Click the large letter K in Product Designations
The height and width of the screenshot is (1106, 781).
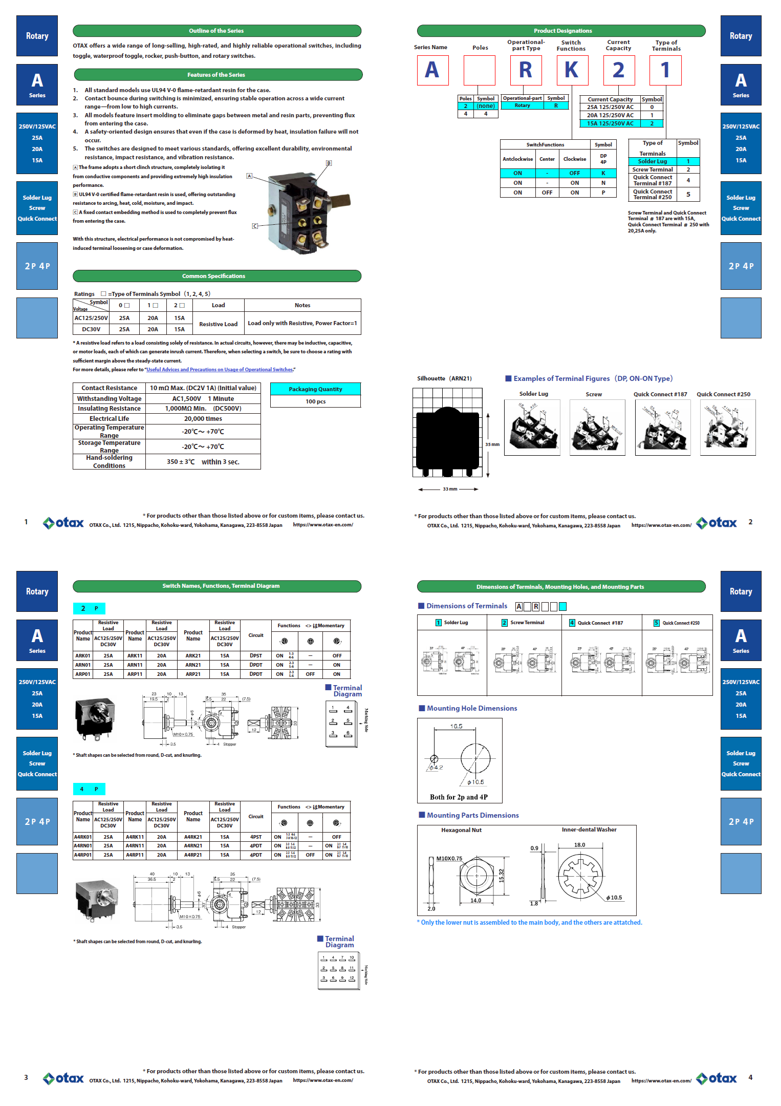(572, 70)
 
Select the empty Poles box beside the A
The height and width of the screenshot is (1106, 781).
(479, 70)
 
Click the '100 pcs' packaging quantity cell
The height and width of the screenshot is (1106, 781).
(315, 401)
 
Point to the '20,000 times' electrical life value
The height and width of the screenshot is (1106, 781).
(203, 418)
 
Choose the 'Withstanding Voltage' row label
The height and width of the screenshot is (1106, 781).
(109, 398)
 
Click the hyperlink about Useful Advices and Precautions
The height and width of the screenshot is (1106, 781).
(220, 370)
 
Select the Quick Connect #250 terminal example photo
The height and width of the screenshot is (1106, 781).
(727, 428)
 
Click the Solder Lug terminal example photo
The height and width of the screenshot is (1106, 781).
(532, 428)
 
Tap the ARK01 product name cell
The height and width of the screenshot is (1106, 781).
(83, 655)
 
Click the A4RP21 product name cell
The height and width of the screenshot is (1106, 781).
(193, 855)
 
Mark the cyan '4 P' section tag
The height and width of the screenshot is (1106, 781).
(89, 789)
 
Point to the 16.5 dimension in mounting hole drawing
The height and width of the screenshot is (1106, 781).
(456, 726)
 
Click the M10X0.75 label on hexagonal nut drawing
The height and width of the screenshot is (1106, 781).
(449, 859)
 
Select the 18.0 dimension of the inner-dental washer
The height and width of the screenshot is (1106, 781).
(579, 845)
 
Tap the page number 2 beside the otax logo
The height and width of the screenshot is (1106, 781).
(750, 522)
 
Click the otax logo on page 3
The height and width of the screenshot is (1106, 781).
(63, 1078)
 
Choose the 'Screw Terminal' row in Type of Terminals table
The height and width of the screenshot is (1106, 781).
(653, 169)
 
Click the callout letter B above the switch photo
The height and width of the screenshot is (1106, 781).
(329, 163)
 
